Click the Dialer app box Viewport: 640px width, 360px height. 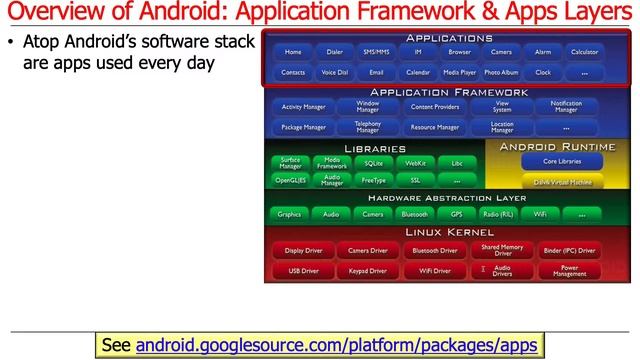(x=334, y=52)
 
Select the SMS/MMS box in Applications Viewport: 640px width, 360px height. (x=376, y=52)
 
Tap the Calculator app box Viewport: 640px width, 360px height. (x=584, y=52)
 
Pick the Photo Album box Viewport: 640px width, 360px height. (x=501, y=73)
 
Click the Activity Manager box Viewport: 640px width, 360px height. (x=303, y=106)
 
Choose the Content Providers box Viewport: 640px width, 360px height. (x=435, y=106)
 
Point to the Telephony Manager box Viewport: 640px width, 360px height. (x=368, y=128)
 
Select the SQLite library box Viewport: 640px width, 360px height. (x=374, y=162)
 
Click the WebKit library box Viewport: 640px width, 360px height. (x=415, y=162)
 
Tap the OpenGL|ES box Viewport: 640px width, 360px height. (x=290, y=181)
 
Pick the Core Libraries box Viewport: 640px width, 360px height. (x=562, y=161)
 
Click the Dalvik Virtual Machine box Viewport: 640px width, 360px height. (x=562, y=183)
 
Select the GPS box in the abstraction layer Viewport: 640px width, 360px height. (x=456, y=214)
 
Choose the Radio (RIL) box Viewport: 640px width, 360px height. (x=498, y=214)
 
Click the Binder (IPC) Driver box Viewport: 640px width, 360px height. (x=569, y=251)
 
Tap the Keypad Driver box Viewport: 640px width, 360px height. (x=368, y=271)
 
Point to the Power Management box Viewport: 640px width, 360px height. (x=569, y=271)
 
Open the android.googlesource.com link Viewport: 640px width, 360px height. (x=337, y=345)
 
